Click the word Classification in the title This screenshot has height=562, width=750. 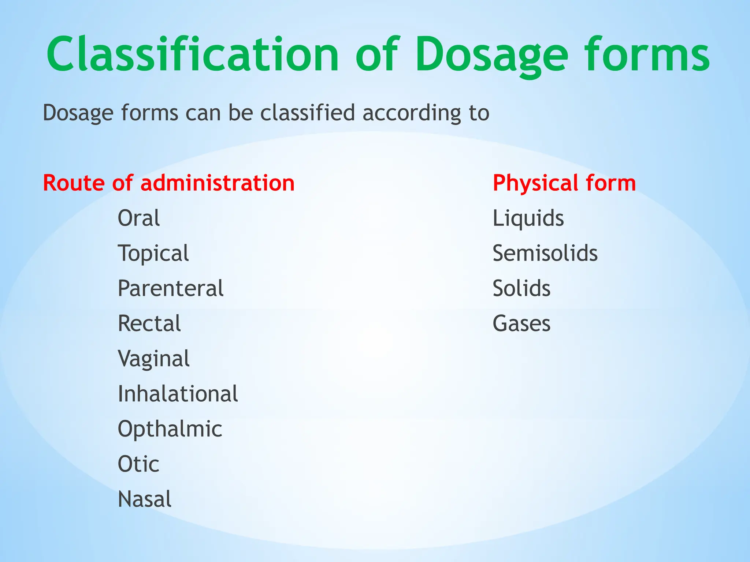[x=193, y=55]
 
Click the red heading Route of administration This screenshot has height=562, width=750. [x=168, y=183]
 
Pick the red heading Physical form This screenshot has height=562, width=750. [x=564, y=183]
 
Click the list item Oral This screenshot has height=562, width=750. [x=138, y=218]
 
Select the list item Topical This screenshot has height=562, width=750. [x=153, y=254]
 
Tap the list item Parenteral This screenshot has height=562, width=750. [x=170, y=288]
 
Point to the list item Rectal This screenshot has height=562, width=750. [x=149, y=323]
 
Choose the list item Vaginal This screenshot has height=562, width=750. [x=153, y=359]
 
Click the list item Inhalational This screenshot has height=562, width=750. [x=178, y=394]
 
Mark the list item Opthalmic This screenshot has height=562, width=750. [x=170, y=429]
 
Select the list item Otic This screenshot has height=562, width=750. [x=138, y=464]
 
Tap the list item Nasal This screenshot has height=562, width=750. [x=144, y=499]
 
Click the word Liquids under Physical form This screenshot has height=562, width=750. [x=528, y=218]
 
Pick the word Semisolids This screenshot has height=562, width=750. [x=545, y=253]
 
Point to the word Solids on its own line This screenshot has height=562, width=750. [x=521, y=288]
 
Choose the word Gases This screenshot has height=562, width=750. [x=521, y=323]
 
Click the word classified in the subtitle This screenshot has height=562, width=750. [x=308, y=113]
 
